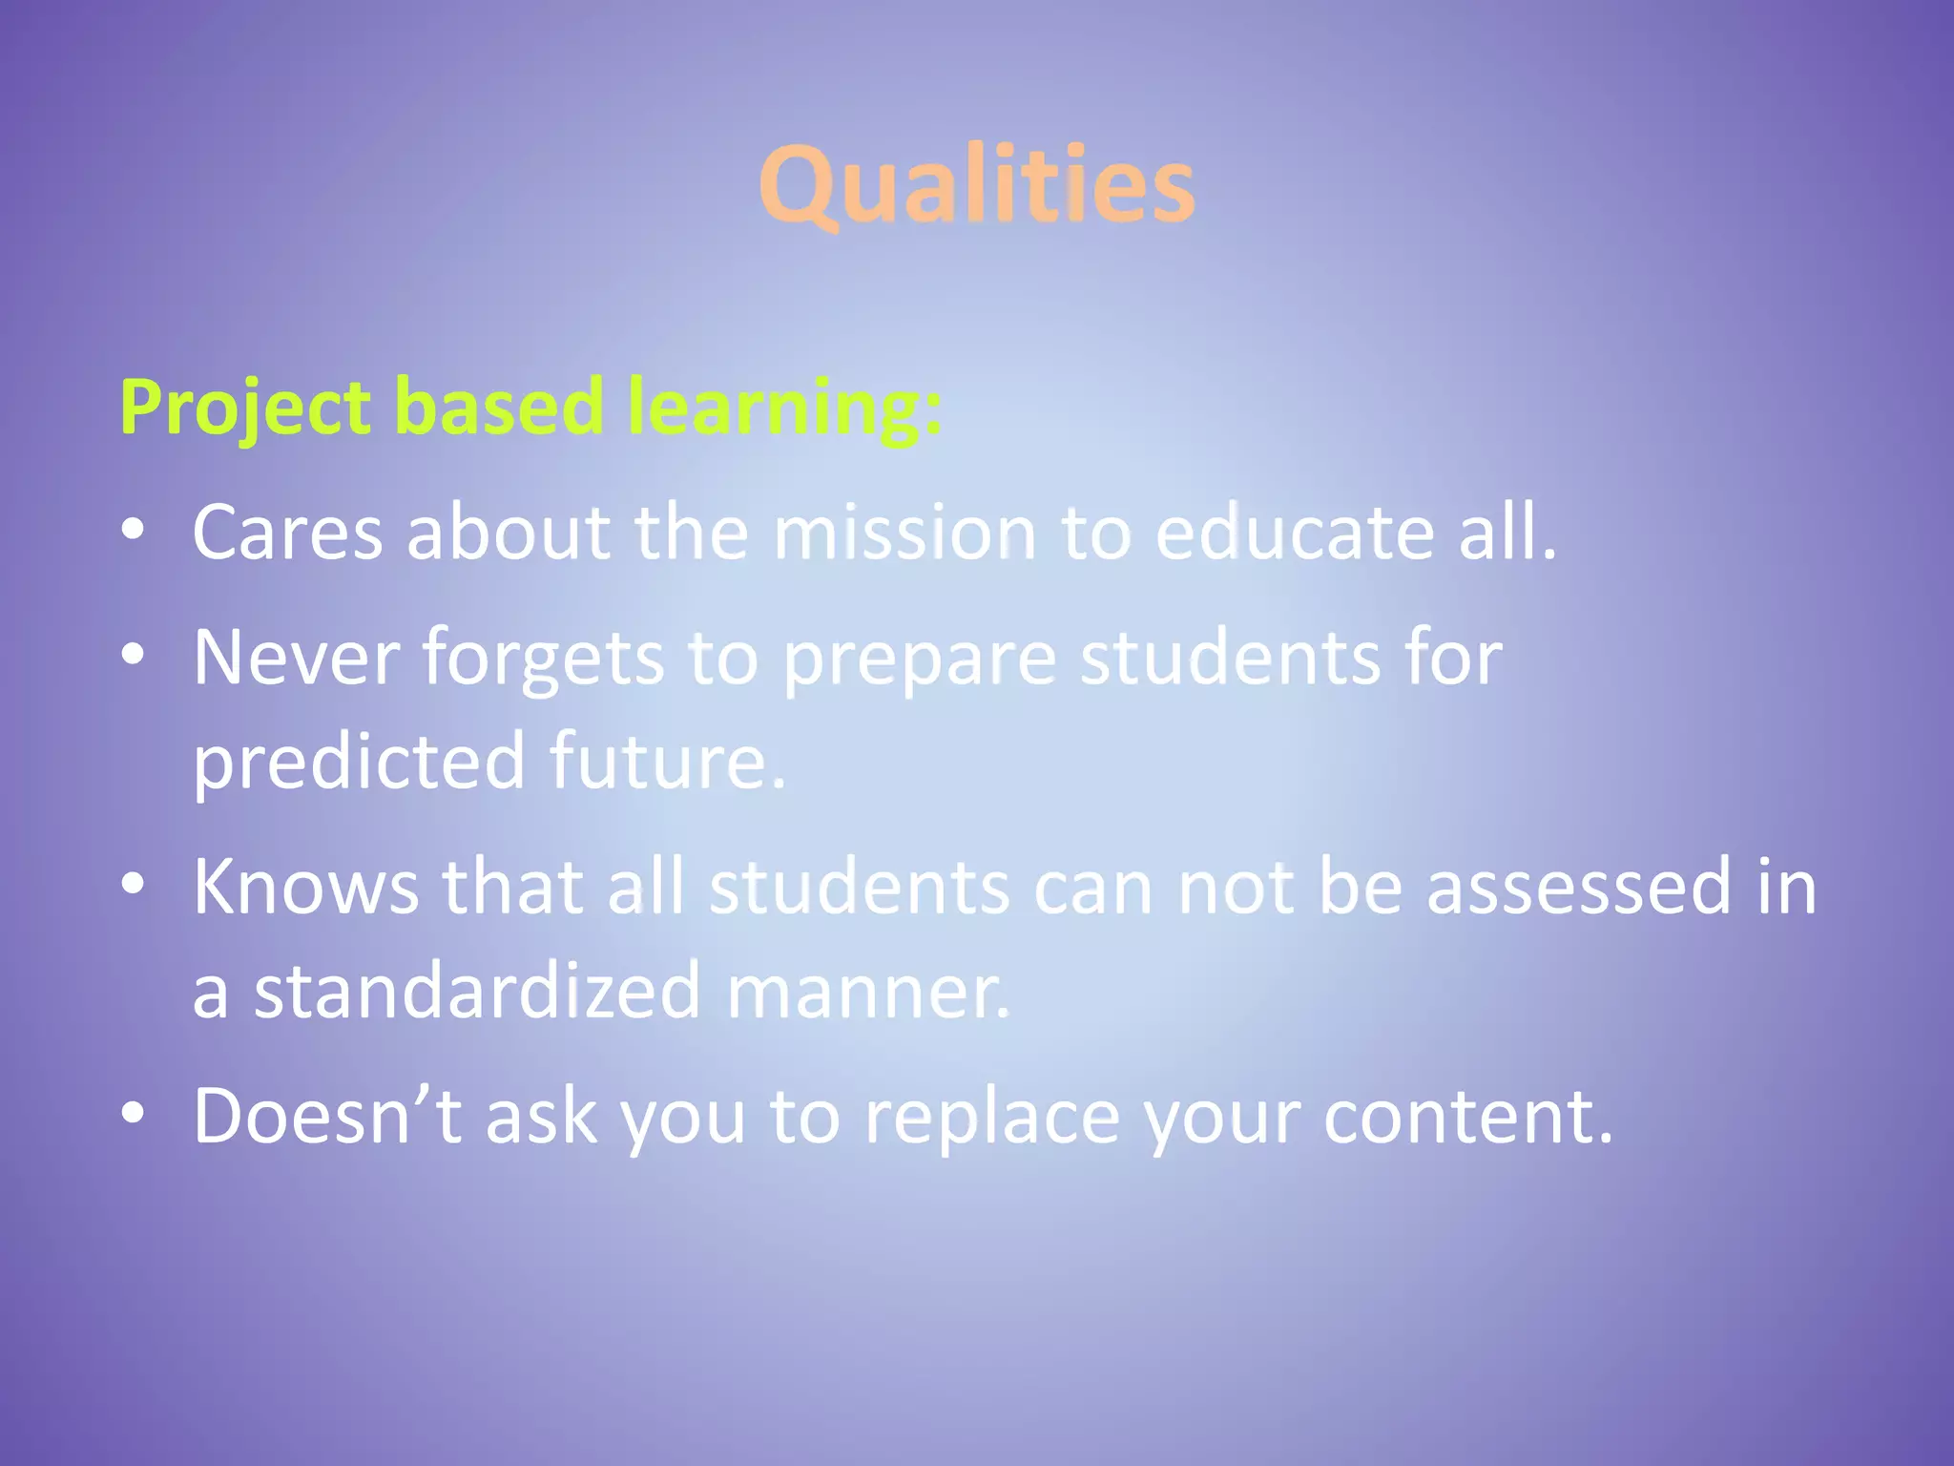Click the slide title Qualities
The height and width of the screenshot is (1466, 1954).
coord(976,185)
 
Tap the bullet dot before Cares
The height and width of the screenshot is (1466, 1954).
coord(133,530)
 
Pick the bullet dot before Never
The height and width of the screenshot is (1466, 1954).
coord(133,655)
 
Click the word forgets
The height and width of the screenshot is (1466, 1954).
coord(543,659)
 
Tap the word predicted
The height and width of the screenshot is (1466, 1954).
coord(359,762)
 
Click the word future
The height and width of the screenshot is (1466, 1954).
coord(668,762)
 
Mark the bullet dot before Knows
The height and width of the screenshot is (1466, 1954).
coord(133,885)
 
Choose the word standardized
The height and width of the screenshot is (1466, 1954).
coord(478,991)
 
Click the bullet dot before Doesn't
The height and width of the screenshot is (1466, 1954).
coord(133,1113)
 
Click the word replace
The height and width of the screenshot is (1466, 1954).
coord(992,1117)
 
